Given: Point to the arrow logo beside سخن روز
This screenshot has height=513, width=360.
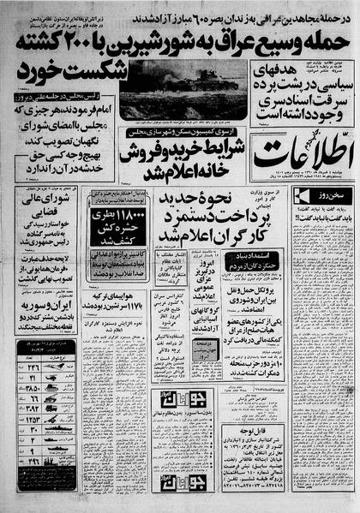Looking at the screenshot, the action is [300, 197].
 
